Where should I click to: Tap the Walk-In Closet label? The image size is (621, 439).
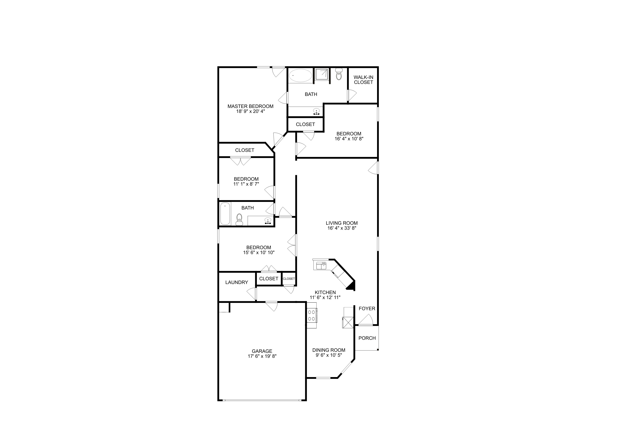click(x=363, y=80)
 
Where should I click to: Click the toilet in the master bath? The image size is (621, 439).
click(x=339, y=74)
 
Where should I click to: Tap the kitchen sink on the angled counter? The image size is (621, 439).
click(x=321, y=266)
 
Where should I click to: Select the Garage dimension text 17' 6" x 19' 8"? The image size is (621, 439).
click(x=262, y=356)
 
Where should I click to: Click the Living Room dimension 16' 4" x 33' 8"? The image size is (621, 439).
click(x=342, y=228)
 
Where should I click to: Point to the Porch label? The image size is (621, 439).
click(x=367, y=338)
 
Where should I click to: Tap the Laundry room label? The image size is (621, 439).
click(x=237, y=282)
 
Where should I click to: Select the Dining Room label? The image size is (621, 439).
click(x=329, y=350)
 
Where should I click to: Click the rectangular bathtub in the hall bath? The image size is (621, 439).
click(x=225, y=214)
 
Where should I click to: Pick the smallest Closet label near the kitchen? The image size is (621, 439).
click(x=289, y=279)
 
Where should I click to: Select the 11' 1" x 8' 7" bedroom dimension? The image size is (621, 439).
click(x=246, y=184)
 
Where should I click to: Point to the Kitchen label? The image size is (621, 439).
click(x=325, y=292)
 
